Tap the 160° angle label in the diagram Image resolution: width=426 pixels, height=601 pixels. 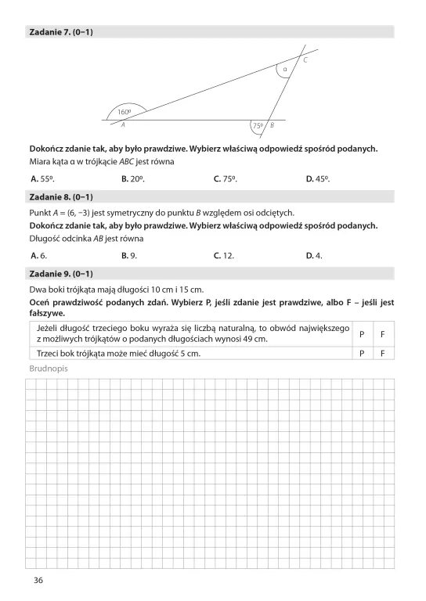[x=124, y=112]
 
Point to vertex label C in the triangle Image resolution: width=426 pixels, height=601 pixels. [x=305, y=60]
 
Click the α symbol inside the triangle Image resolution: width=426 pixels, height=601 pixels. [x=285, y=69]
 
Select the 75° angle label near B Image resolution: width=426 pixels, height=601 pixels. [x=258, y=125]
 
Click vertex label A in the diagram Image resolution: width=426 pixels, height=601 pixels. [x=123, y=124]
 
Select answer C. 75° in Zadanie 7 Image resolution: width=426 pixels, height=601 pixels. [x=225, y=178]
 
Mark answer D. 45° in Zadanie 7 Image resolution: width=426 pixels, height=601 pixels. [x=317, y=178]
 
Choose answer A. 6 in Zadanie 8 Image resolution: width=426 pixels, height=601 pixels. [x=38, y=255]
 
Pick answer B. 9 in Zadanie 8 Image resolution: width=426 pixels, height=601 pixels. [x=130, y=255]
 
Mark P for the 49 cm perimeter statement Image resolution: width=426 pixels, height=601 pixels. [x=362, y=333]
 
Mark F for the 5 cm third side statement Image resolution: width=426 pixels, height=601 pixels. [x=382, y=353]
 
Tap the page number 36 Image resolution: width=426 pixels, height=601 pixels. [x=38, y=580]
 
